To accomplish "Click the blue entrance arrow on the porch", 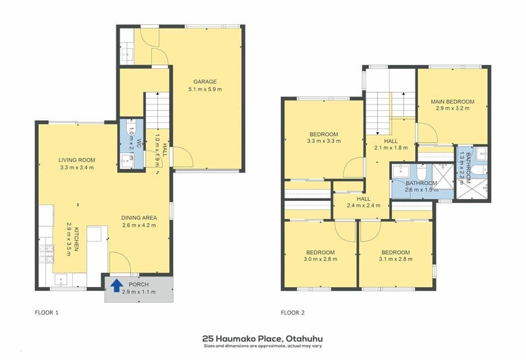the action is point(116,286).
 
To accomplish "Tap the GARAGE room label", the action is point(205,81).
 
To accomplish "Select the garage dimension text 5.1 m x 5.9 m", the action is point(205,89).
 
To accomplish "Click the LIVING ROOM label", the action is point(77,160).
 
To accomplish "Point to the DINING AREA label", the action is point(139,218).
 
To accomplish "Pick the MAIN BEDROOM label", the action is point(452,102).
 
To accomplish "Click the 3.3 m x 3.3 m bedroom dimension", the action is point(323,141).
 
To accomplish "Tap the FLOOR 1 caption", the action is point(47,313).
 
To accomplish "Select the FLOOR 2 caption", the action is point(293,313).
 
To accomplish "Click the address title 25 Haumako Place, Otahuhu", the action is point(262,339).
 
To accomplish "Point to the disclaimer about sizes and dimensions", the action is point(262,346).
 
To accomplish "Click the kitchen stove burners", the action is point(46,254).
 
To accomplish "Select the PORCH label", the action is point(139,284).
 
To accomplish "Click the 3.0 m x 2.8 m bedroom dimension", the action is point(320,259).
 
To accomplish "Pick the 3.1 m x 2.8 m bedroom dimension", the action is point(396,259).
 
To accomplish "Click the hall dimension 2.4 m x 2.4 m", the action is point(364,206).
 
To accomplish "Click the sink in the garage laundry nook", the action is point(127,54).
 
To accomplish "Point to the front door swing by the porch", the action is point(120,263).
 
